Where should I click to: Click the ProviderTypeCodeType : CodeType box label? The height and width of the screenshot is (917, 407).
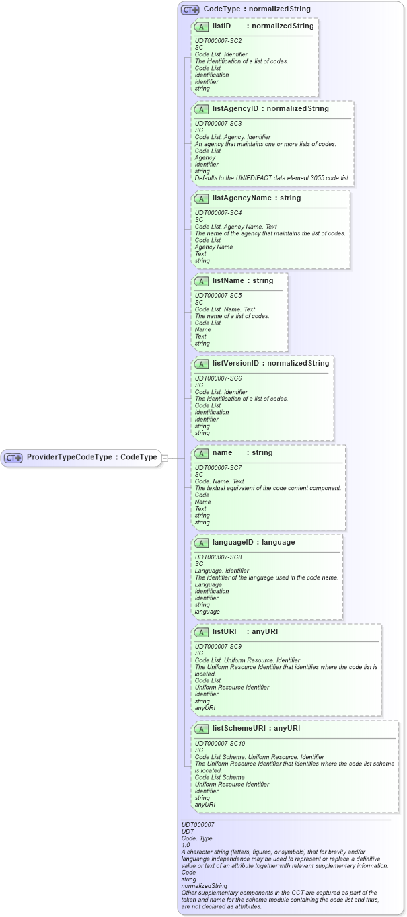click(x=91, y=457)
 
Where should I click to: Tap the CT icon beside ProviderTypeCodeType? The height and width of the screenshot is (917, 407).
click(x=13, y=458)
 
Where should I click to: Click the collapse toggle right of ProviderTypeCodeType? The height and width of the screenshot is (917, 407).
click(x=165, y=458)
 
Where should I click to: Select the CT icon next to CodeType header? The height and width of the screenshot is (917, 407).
click(x=190, y=9)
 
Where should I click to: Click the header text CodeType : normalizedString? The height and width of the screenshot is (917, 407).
click(x=257, y=9)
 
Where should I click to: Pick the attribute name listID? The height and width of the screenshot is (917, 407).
click(x=221, y=26)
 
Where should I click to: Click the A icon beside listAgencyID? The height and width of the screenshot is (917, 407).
click(x=200, y=109)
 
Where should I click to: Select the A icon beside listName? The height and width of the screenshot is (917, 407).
click(x=200, y=281)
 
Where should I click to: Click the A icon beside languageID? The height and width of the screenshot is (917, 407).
click(x=200, y=543)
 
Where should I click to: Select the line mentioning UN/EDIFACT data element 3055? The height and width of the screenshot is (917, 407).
click(x=272, y=178)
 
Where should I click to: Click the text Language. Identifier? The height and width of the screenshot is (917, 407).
click(x=221, y=571)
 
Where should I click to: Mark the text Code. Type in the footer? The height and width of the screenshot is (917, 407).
click(x=197, y=838)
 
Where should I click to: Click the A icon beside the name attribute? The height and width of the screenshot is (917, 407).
click(x=200, y=453)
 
